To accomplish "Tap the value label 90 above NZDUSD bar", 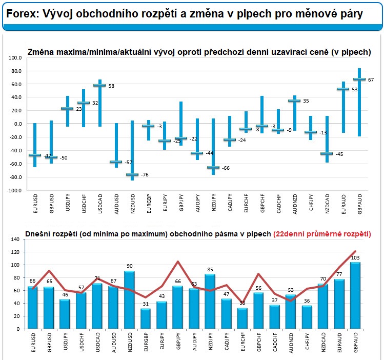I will click(x=130, y=266).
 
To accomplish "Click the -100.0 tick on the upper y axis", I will click(x=14, y=190).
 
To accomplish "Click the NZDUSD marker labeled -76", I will click(x=132, y=174).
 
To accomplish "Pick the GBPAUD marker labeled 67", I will click(x=359, y=79).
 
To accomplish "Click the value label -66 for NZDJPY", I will click(x=225, y=168).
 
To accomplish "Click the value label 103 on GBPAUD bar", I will click(x=355, y=257).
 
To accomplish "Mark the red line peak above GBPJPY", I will click(x=178, y=262).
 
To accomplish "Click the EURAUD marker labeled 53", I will click(x=343, y=89).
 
